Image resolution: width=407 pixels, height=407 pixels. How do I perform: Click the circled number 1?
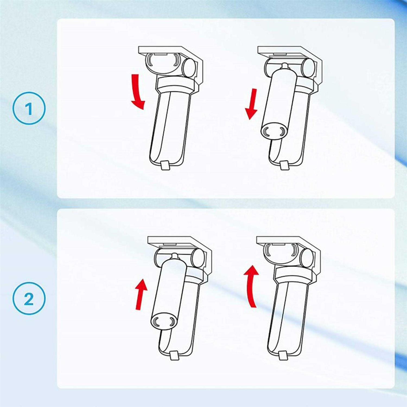[x=29, y=108]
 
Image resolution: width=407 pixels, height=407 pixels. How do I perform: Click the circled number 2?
[x=29, y=298]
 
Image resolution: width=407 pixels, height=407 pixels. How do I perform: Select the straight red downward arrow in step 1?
[x=252, y=104]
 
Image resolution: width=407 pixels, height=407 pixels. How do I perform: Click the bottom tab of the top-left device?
[x=165, y=165]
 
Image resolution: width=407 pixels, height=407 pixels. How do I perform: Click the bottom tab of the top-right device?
[x=284, y=165]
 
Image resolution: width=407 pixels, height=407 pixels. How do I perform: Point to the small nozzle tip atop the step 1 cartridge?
[x=284, y=66]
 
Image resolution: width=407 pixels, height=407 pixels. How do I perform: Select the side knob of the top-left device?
[x=189, y=68]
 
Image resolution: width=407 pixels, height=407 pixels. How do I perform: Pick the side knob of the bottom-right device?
[x=307, y=257]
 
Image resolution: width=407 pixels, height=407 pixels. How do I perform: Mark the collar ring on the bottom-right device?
[x=294, y=273]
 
